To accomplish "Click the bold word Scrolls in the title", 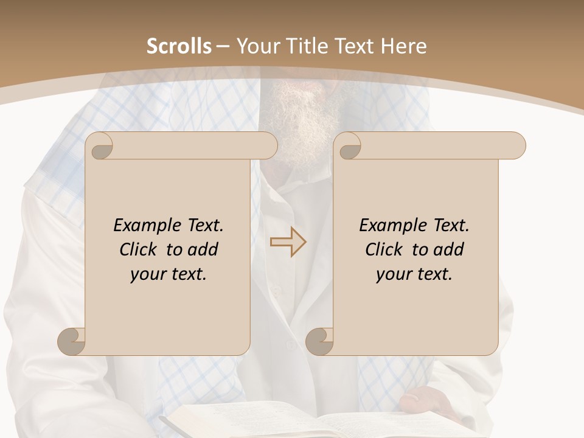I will pos(179,46).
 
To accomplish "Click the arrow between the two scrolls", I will pos(288,242).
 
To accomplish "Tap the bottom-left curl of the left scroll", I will pos(72,341).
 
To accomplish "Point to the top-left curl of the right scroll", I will pos(349,146).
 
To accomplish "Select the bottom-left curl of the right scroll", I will pos(320,341).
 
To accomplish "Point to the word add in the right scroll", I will pos(449,249).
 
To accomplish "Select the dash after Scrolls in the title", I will pos(223,46).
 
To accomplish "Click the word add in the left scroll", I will pos(203,249).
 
